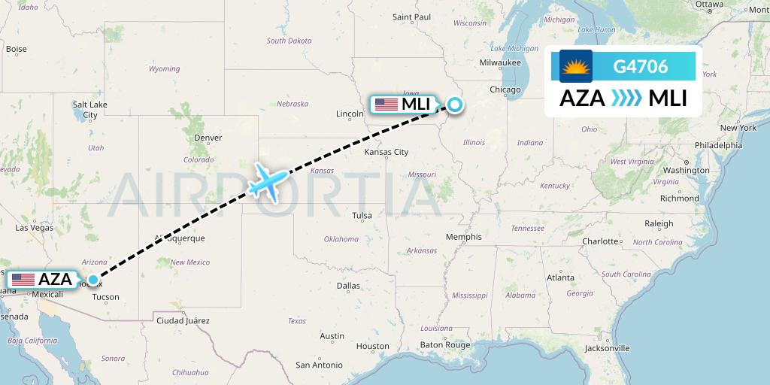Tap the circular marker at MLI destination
454,105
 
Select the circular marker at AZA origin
92,280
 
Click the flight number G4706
640,66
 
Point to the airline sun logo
576,66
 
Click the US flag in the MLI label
386,105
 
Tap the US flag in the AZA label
23,280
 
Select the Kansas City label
386,152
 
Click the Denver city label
208,138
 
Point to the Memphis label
463,237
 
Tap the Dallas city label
348,286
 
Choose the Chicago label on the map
505,90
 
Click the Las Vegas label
34,227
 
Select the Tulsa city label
362,216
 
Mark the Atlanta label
560,277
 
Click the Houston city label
373,347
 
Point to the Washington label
686,171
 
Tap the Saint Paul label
411,17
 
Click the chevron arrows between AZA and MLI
626,99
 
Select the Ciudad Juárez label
182,321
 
